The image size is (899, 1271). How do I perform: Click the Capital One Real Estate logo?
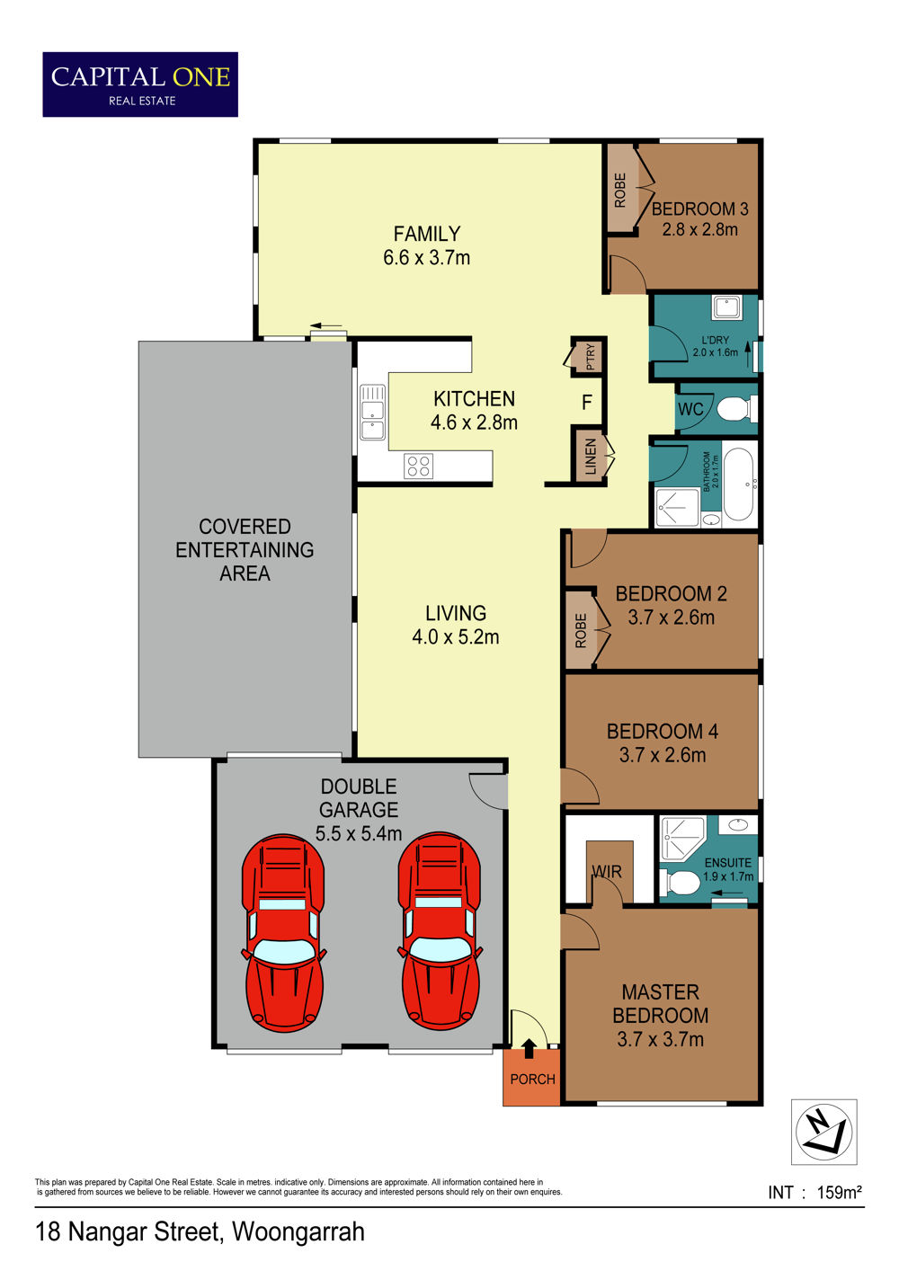[140, 84]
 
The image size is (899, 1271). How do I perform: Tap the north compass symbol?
[823, 1132]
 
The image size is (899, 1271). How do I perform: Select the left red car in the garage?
[283, 933]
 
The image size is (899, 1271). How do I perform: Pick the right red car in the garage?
[440, 932]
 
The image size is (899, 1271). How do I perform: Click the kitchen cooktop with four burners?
[418, 466]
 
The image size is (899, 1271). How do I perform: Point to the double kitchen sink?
[372, 413]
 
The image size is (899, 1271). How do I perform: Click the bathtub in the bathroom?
[738, 484]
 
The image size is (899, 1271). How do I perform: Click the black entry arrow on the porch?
[529, 1048]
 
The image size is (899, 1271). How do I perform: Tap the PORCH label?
[532, 1080]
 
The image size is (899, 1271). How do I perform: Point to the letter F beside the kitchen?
[587, 403]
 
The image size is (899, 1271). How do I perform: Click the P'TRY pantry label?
[591, 357]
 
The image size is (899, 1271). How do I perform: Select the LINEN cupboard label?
[591, 457]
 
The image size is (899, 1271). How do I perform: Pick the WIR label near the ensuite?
[607, 872]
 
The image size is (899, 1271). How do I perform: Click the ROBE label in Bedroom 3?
[619, 190]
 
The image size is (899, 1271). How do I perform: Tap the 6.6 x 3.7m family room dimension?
[426, 258]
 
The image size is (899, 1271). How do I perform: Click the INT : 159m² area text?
[815, 1192]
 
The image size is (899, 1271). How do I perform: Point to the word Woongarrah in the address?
[298, 1232]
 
